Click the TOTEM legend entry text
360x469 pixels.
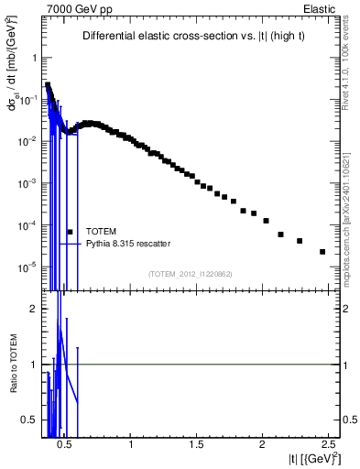point(100,232)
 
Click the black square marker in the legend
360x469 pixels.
point(70,232)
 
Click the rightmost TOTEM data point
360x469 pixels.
point(322,252)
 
